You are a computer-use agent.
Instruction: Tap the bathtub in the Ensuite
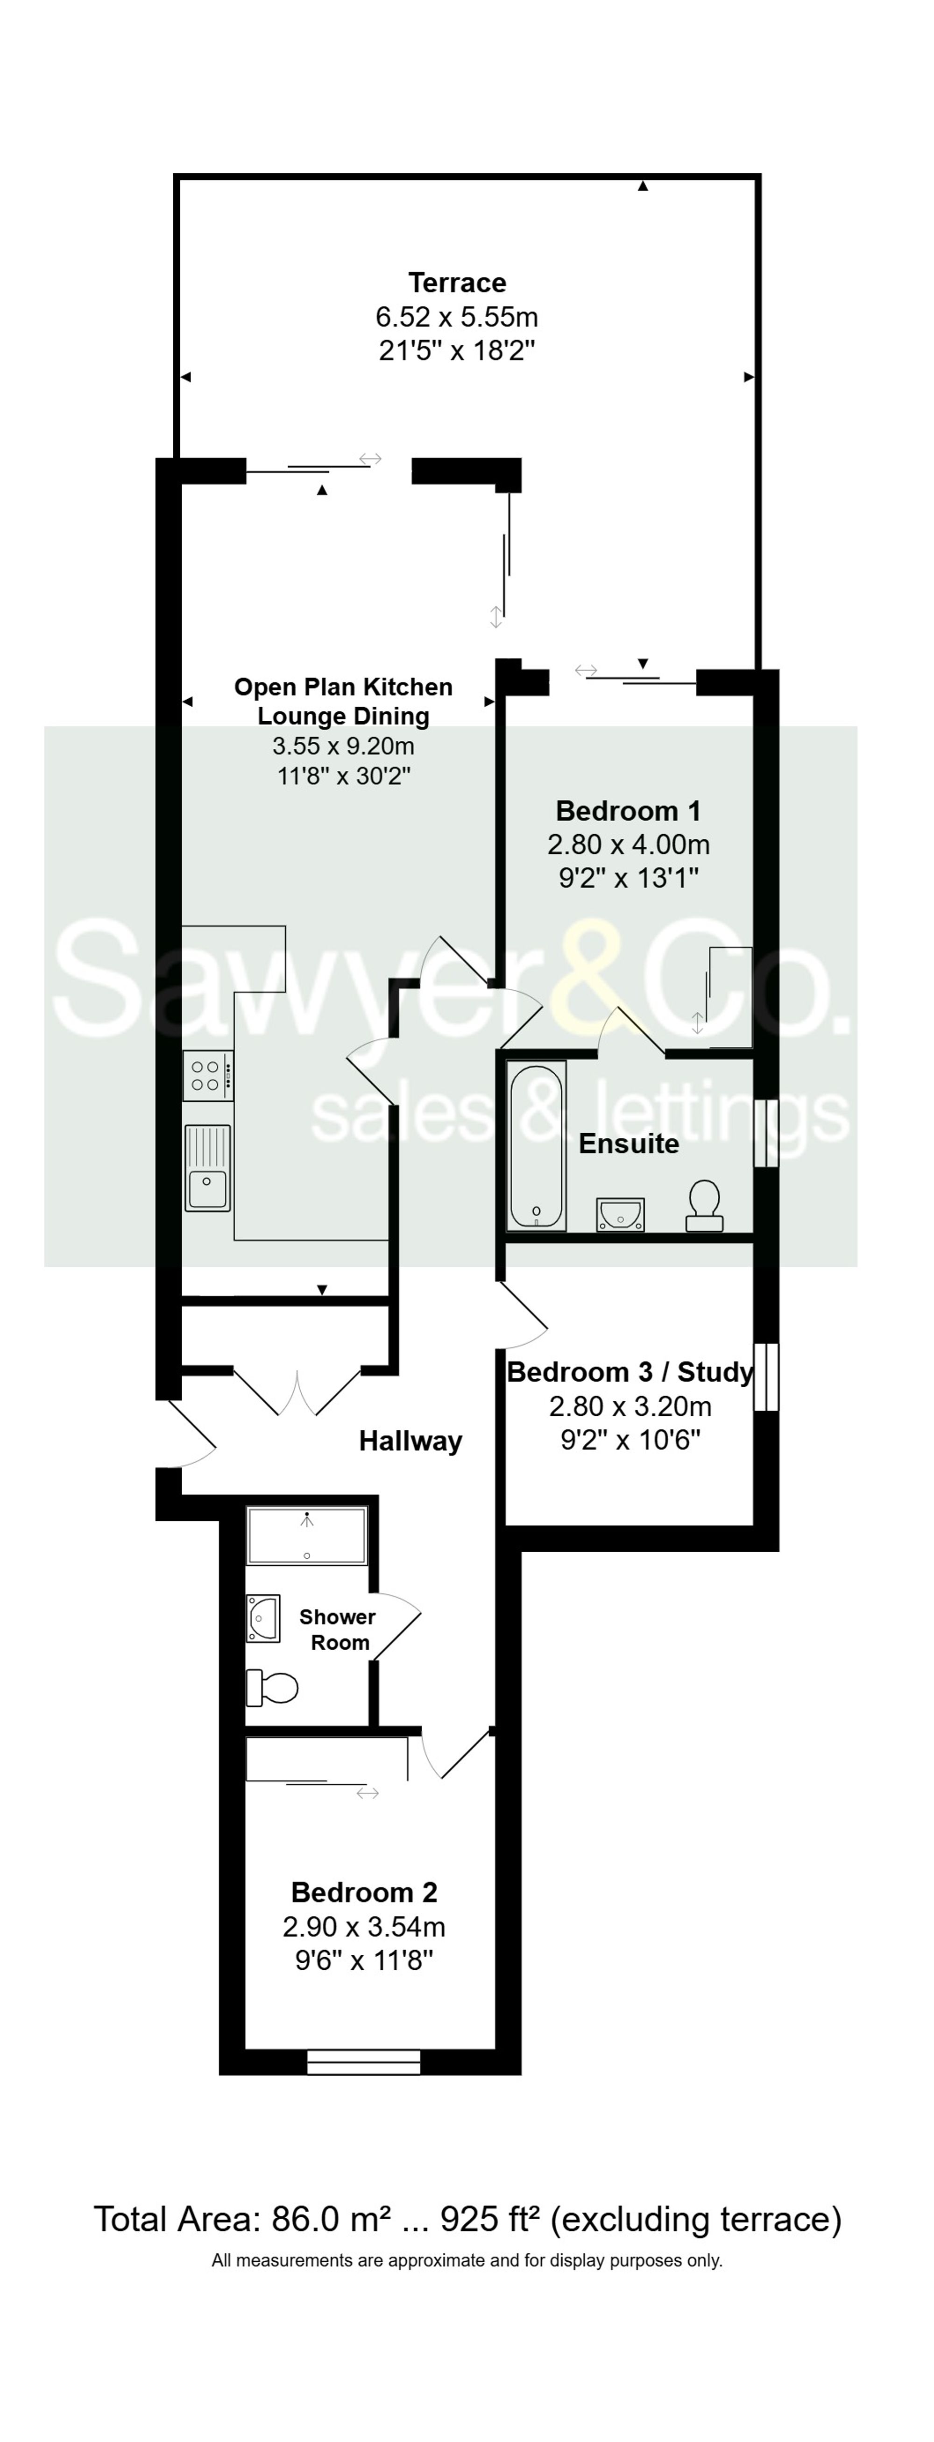(537, 1144)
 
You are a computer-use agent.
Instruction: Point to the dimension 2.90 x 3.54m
(363, 1926)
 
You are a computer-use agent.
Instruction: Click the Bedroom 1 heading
(628, 810)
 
